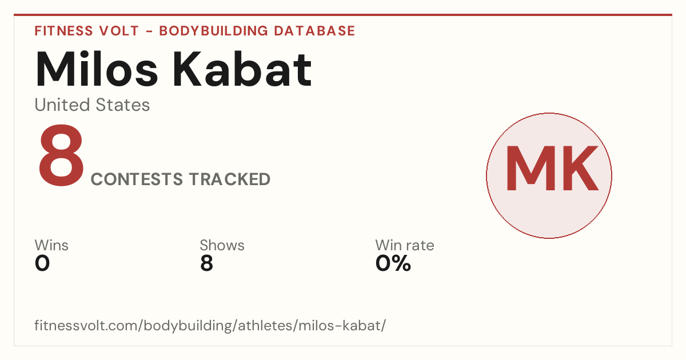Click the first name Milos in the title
pos(97,69)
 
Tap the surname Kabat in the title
pos(242,69)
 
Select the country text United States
pos(92,105)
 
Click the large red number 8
pos(61,155)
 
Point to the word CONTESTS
pos(137,179)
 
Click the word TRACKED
pos(230,179)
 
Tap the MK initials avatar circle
pos(549,175)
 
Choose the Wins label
pos(51,245)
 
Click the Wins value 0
pos(42,263)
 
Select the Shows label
pos(222,245)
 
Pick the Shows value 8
pos(206,263)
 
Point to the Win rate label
pos(405,245)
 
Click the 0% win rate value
pos(393,263)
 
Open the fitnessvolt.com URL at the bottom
pos(210,325)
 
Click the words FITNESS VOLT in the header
pos(87,31)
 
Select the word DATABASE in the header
pos(314,31)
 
